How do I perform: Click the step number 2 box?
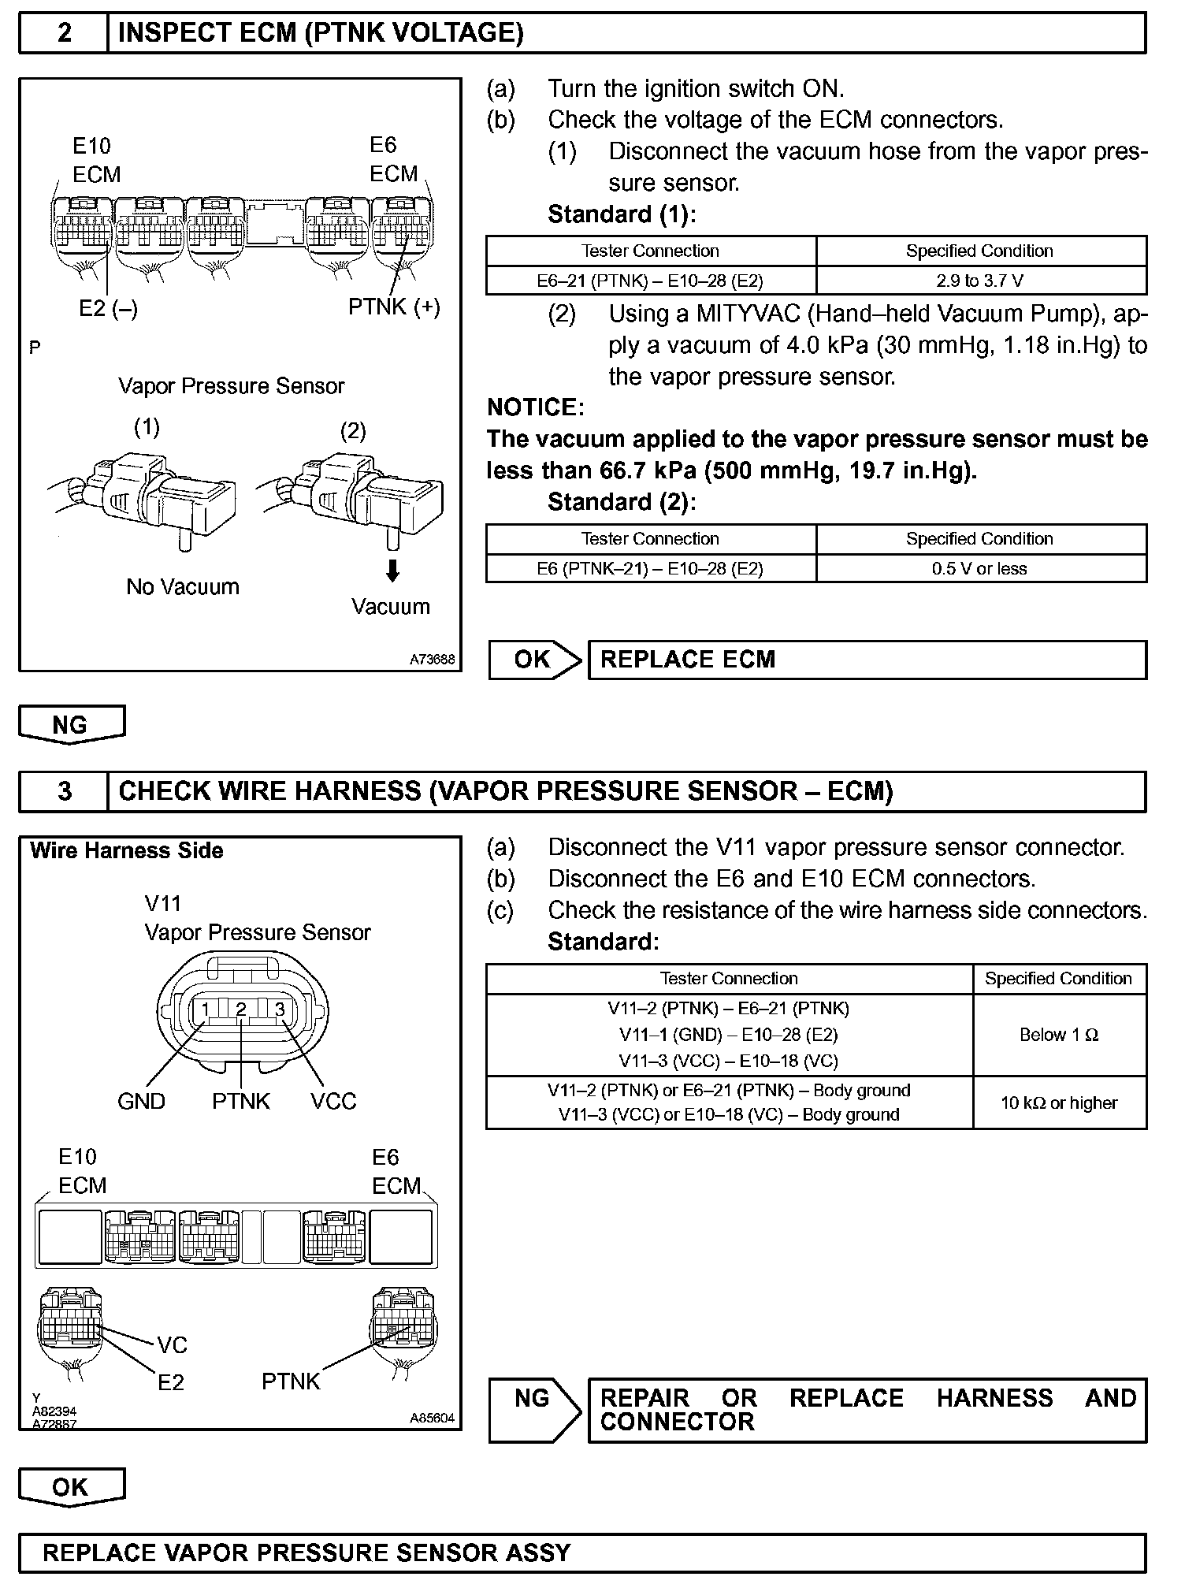tap(64, 33)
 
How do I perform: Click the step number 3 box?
tap(64, 791)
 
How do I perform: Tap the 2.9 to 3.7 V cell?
tap(981, 281)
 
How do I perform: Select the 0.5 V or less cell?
tap(981, 568)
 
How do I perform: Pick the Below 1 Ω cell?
tap(1059, 1035)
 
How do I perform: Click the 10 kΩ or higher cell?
tap(1059, 1102)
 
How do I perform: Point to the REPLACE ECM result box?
tap(867, 660)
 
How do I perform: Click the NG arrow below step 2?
tap(71, 724)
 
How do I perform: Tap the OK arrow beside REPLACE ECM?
tap(535, 660)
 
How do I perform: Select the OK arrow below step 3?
tap(71, 1487)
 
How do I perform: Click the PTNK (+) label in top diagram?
tap(394, 307)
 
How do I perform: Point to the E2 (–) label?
tap(108, 309)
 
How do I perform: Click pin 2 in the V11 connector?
tap(241, 1010)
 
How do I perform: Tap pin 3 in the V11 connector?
tap(279, 1010)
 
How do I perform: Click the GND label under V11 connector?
tap(141, 1101)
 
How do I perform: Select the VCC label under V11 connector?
tap(333, 1101)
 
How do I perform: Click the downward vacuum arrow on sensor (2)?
tap(392, 571)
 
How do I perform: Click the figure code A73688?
tap(432, 660)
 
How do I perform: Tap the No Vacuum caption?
tap(183, 587)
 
